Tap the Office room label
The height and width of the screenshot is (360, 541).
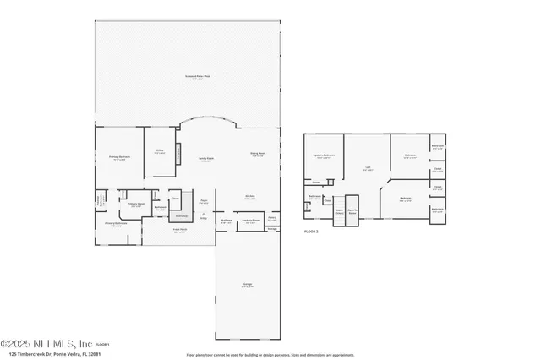159,151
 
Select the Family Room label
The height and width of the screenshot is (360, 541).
205,159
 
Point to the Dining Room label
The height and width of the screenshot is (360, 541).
258,154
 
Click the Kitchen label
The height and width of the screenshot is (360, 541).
250,197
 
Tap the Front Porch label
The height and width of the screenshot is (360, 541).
180,231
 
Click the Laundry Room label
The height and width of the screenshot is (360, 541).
250,221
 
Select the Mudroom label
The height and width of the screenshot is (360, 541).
226,221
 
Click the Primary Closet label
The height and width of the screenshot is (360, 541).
134,204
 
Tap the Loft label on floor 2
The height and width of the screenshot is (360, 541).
369,167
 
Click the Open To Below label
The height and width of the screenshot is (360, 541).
352,211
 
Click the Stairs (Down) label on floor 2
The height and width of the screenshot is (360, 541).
339,211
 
